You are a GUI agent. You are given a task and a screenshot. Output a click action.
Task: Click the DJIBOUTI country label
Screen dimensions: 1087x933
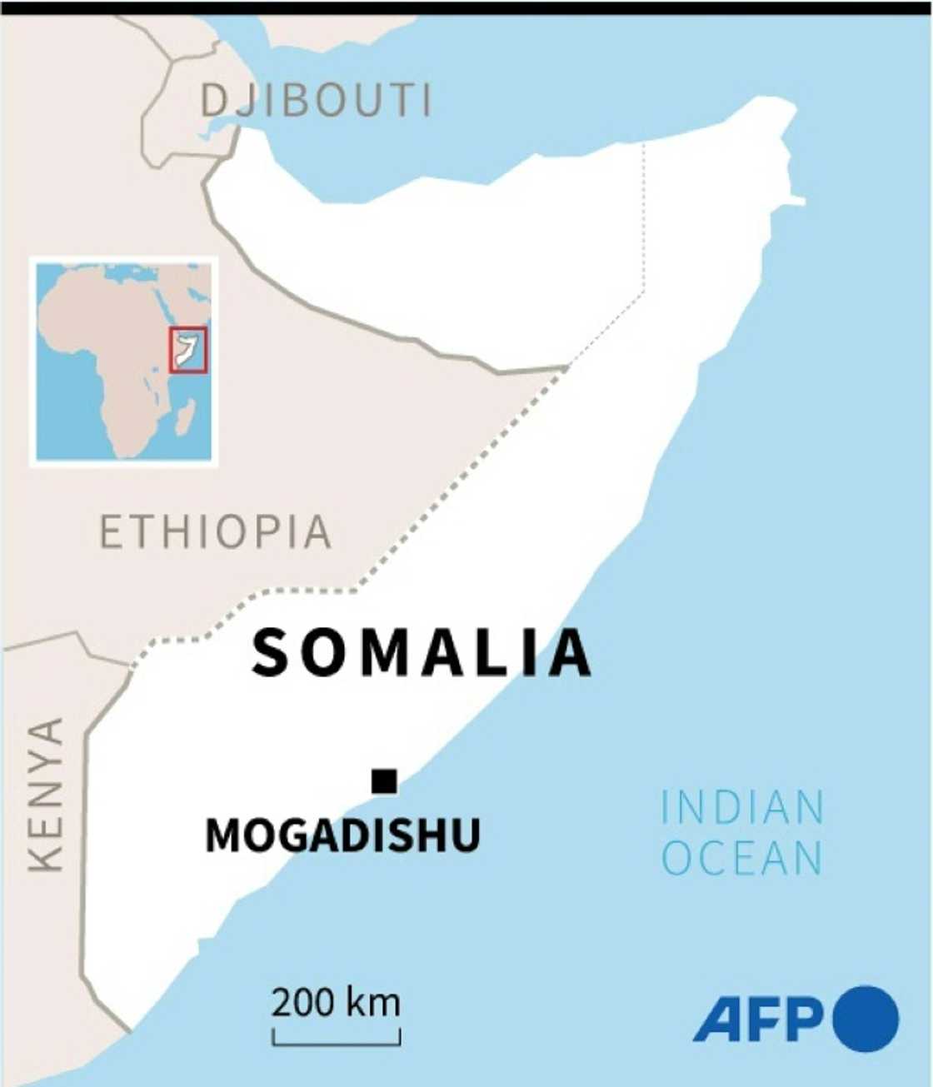coord(317,101)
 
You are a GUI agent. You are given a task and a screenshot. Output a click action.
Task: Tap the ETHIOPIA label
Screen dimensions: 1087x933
coord(216,532)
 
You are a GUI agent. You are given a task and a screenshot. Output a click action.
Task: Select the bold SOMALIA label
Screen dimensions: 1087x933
coord(422,652)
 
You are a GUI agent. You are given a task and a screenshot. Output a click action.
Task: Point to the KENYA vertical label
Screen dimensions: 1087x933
coord(45,795)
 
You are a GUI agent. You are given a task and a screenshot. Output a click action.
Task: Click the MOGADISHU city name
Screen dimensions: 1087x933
coord(342,835)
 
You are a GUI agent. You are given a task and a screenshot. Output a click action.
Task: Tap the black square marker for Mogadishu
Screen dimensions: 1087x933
coord(384,781)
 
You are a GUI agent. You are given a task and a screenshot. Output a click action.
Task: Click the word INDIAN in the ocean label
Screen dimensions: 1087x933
coord(742,807)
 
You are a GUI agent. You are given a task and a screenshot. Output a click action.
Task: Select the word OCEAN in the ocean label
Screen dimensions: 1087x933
coord(742,859)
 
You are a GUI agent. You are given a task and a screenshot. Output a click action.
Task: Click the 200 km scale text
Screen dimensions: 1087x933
coord(336,1002)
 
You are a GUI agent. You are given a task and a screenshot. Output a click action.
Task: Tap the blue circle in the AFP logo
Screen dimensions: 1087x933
coord(866,1018)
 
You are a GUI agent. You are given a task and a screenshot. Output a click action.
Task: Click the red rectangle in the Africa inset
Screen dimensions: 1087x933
coord(187,351)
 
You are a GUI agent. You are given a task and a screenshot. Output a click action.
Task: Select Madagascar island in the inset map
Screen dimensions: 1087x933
coord(186,416)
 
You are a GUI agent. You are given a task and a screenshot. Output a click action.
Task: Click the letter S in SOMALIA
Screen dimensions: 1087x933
coord(271,652)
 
